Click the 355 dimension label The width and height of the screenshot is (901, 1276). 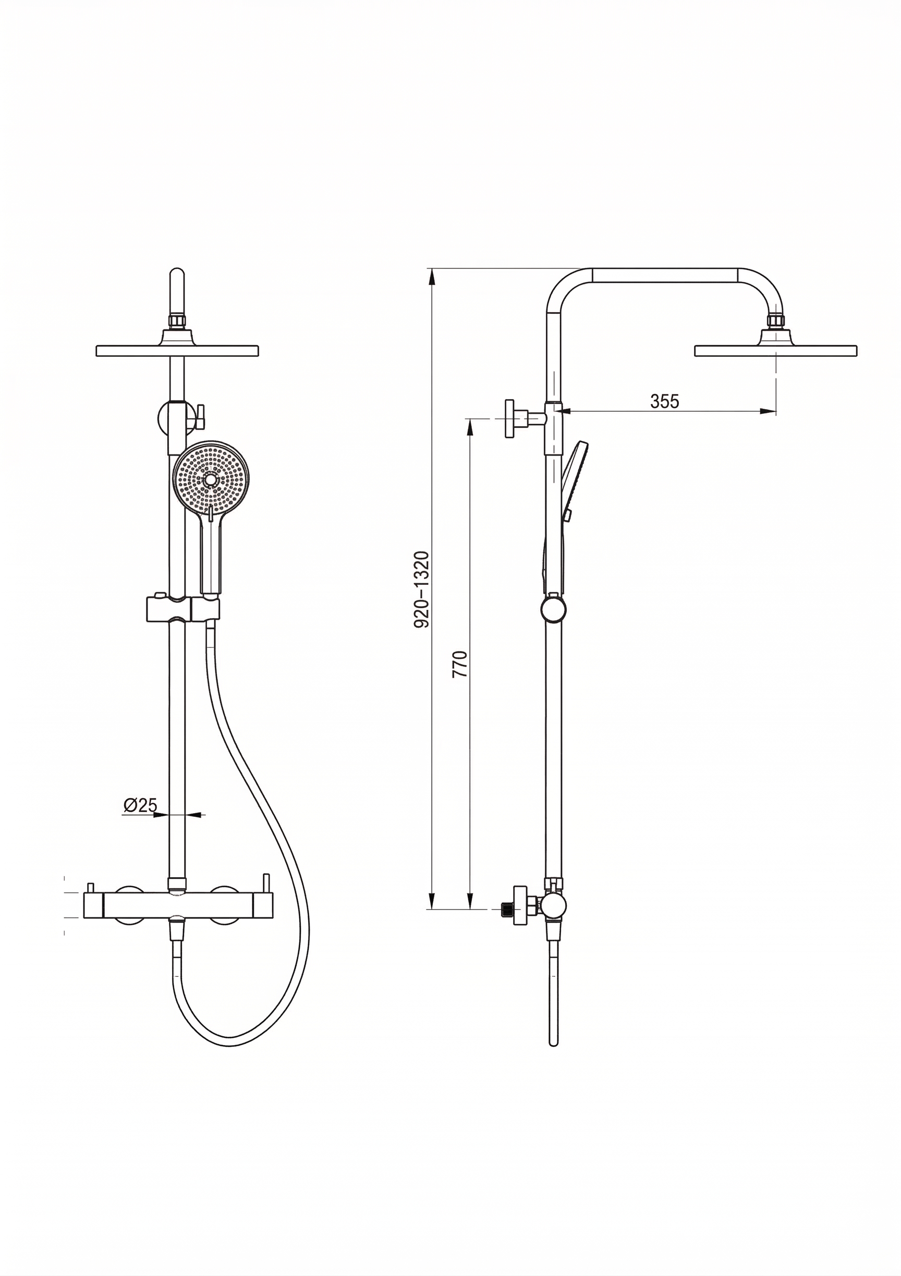(664, 401)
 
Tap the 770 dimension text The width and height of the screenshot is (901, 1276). (461, 664)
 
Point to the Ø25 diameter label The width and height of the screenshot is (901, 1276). (140, 805)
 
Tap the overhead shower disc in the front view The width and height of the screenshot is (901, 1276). (177, 351)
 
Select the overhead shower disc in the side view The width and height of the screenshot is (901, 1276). (775, 351)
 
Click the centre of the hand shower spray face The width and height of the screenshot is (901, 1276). (211, 479)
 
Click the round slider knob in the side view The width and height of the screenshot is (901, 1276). (554, 610)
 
